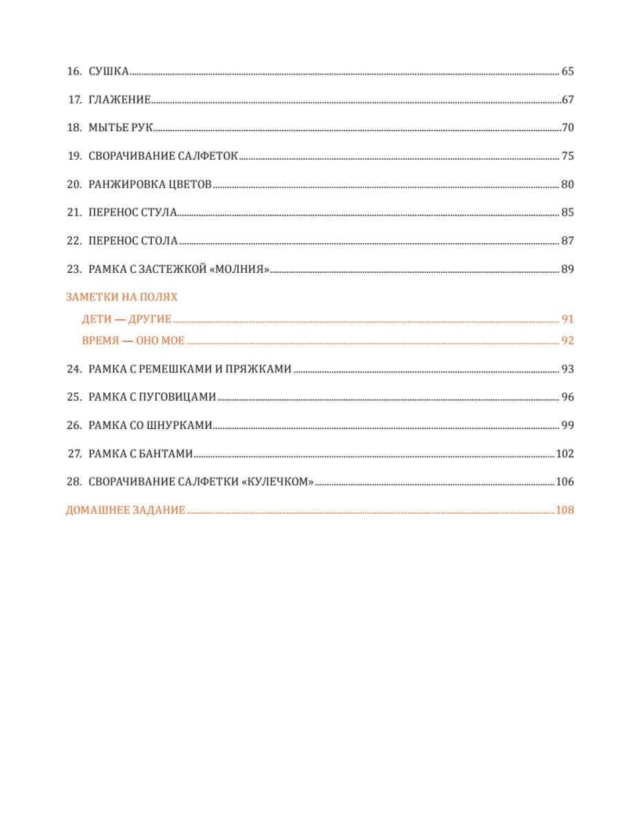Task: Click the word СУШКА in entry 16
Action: (x=108, y=71)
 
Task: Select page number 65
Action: (x=568, y=71)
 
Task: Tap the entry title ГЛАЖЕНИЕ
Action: (x=119, y=99)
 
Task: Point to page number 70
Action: (x=568, y=128)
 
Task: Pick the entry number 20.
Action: (x=74, y=184)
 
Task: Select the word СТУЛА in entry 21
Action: (x=159, y=213)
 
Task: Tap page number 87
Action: (x=568, y=241)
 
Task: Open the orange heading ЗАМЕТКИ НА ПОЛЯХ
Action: (x=122, y=297)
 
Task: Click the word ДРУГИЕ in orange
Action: (x=150, y=319)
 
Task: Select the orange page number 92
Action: (x=568, y=341)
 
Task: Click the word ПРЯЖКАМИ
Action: (x=259, y=369)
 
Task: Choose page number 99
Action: (x=568, y=426)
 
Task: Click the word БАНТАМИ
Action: (x=168, y=454)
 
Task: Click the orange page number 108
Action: (x=565, y=511)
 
